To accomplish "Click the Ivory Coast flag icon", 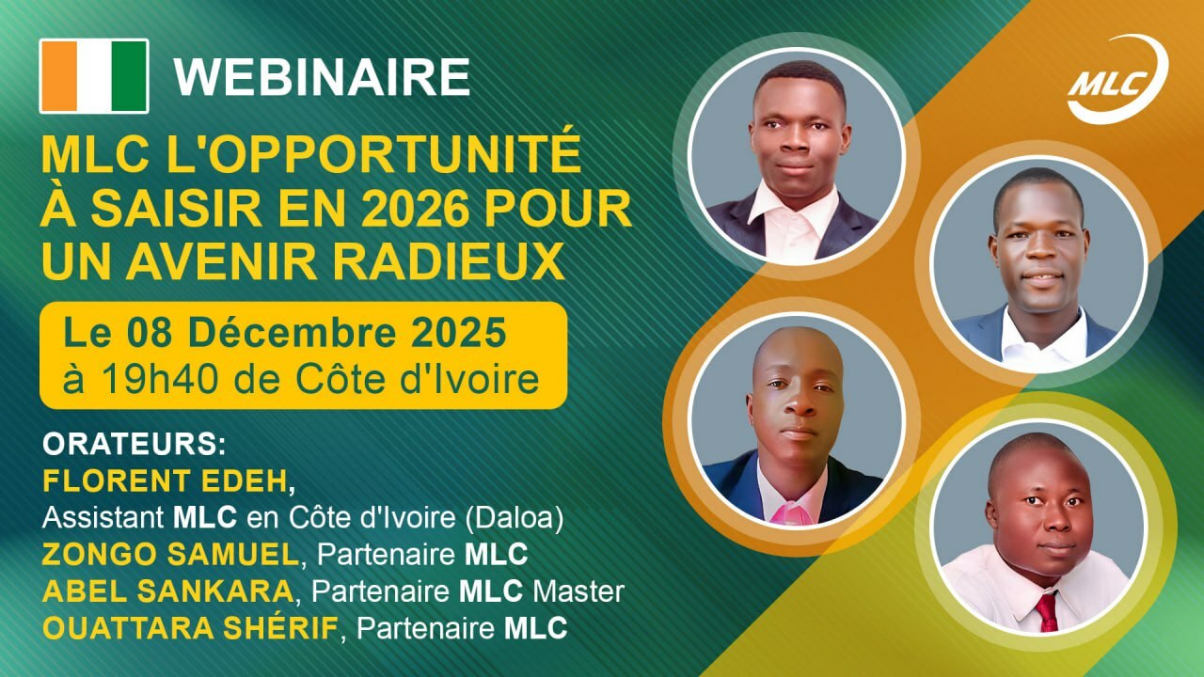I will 94,76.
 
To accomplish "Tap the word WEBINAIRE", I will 322,77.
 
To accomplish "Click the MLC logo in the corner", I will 1117,81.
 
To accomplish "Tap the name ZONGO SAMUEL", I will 169,555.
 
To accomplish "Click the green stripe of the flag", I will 130,76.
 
